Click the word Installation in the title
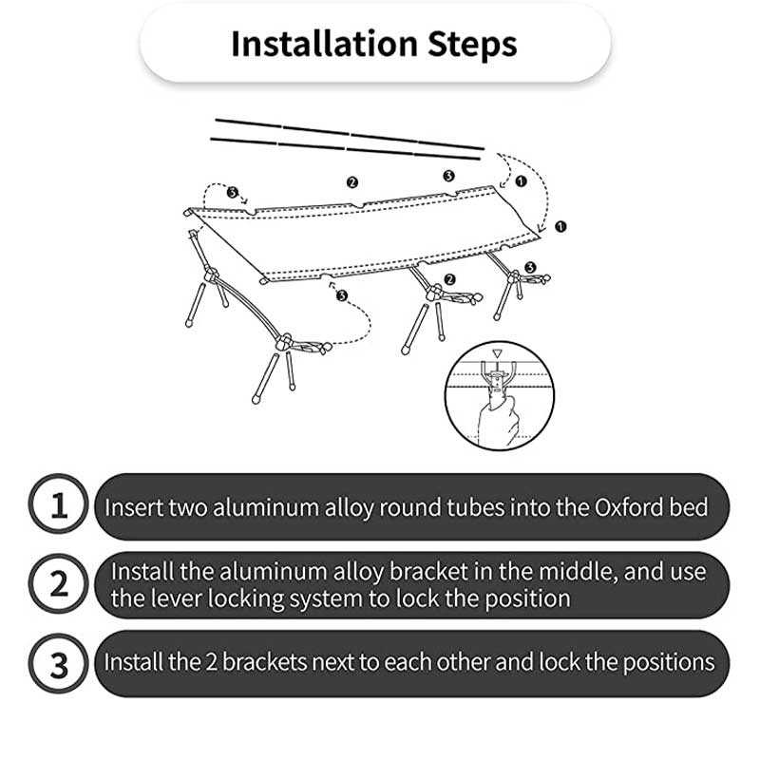[x=324, y=44]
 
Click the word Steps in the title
[x=472, y=45]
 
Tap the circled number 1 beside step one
[x=59, y=504]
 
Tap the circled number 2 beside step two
[x=59, y=584]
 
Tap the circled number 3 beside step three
[x=59, y=664]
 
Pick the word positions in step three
[x=669, y=663]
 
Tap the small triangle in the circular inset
[x=497, y=353]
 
